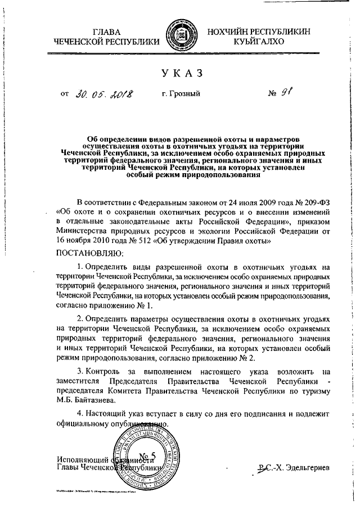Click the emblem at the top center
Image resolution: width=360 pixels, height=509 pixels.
click(x=179, y=37)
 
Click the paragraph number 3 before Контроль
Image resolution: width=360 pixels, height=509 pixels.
click(x=79, y=372)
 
